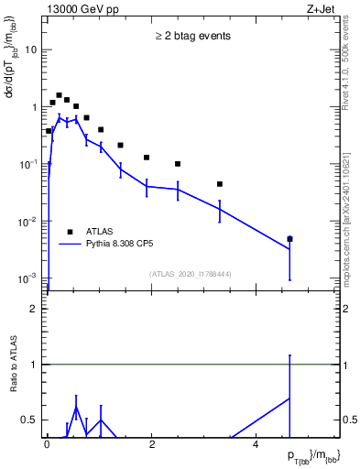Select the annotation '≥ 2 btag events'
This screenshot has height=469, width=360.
(192, 36)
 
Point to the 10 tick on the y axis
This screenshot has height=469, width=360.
(33, 49)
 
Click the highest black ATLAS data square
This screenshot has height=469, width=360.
(59, 95)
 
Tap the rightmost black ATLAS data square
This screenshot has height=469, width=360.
(289, 239)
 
